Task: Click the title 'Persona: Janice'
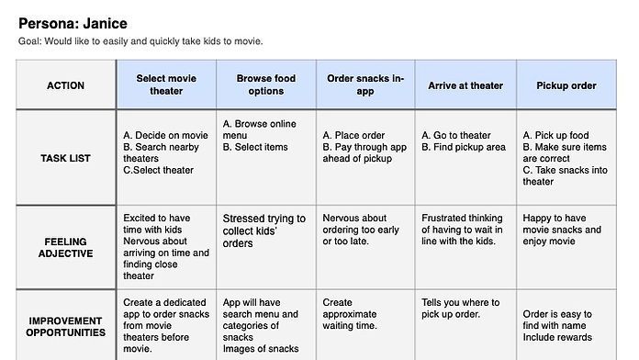click(x=73, y=23)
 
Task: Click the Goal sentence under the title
click(x=140, y=40)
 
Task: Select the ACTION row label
click(x=65, y=85)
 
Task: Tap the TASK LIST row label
click(x=65, y=158)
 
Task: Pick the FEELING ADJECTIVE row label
click(x=65, y=248)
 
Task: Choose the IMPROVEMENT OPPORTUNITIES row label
click(x=65, y=326)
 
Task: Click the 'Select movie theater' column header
click(x=165, y=85)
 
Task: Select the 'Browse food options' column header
click(x=266, y=85)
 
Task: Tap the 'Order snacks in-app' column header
click(x=365, y=85)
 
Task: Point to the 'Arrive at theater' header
click(x=465, y=85)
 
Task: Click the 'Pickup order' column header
click(x=566, y=85)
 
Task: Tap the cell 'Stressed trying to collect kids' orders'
click(x=264, y=231)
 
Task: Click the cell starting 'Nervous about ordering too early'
click(x=364, y=230)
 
